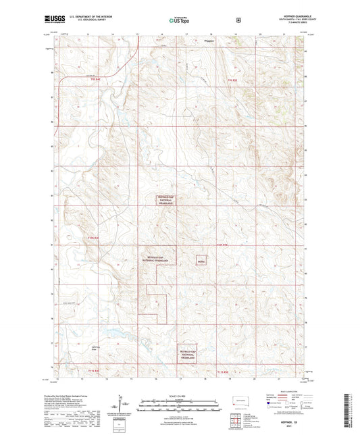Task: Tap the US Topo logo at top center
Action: coord(179,21)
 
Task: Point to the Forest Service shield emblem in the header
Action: coord(238,20)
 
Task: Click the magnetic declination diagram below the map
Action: coord(122,405)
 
